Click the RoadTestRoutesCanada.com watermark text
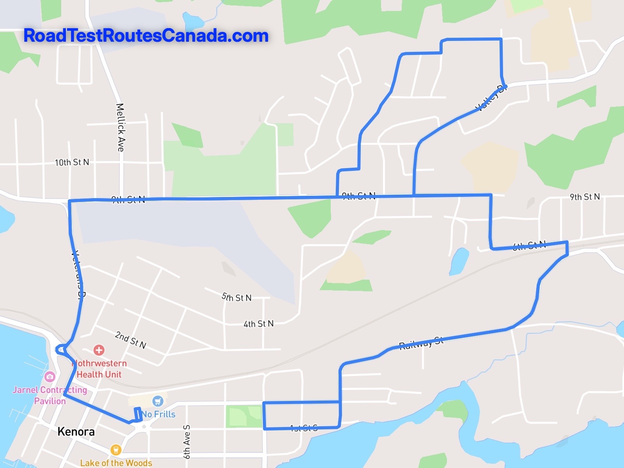point(146,35)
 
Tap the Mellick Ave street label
point(121,127)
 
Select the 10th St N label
point(72,162)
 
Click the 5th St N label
point(237,298)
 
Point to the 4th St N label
point(259,324)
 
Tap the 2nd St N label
point(131,339)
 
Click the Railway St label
point(421,343)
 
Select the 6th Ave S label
point(186,441)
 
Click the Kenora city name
point(76,432)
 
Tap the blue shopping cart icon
point(158,401)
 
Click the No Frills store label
point(158,414)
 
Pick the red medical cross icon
point(99,350)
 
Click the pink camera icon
point(50,377)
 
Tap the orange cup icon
point(115,450)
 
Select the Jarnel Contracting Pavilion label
point(50,395)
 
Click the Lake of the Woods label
point(116,463)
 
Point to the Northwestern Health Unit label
point(99,369)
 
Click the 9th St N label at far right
point(585,197)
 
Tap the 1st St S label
point(304,428)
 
